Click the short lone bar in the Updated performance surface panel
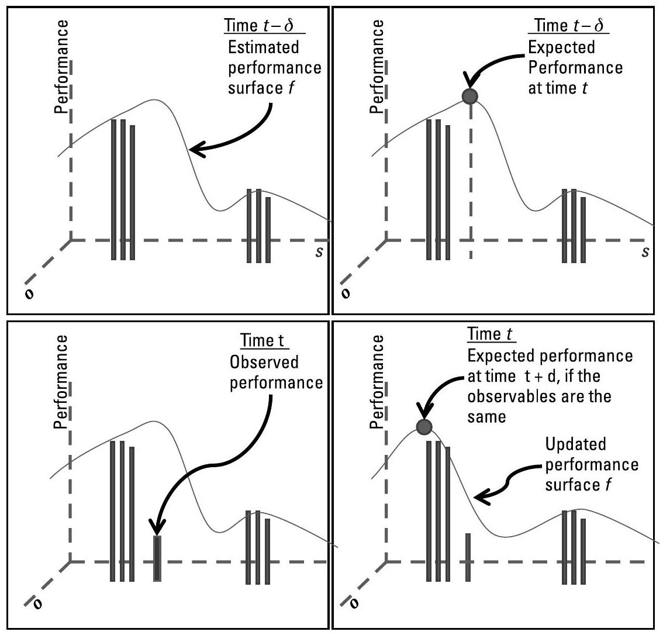[468, 556]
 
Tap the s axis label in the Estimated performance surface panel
[316, 251]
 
